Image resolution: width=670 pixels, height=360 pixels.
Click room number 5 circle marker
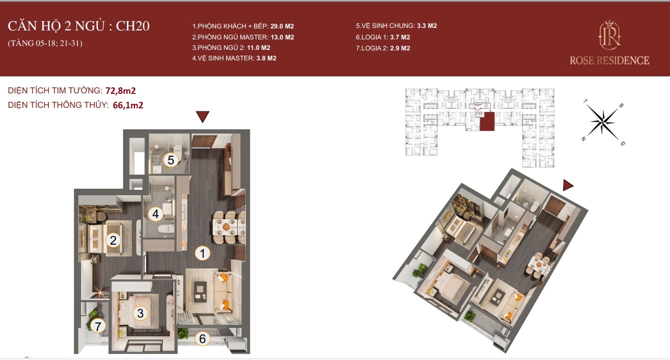pos(171,160)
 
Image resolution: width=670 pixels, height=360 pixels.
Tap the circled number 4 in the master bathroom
pos(155,214)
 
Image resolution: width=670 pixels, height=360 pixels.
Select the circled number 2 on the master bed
pos(113,240)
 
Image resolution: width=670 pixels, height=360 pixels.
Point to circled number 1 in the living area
pos(202,253)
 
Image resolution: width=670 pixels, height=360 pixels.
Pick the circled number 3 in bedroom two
pos(140,313)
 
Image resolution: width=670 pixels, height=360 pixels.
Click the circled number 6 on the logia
pos(202,339)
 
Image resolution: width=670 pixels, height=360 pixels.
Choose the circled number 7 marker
pos(98,326)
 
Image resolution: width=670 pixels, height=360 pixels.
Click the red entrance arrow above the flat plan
pos(202,116)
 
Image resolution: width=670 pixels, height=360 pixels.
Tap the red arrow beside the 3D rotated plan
pos(568,185)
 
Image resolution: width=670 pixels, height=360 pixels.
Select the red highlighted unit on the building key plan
pos(487,121)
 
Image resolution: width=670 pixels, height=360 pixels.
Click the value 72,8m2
pos(120,90)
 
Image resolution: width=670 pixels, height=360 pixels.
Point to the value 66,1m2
pos(128,105)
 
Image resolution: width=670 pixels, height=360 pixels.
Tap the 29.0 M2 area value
pos(282,26)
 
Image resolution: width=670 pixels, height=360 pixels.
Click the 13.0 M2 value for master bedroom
pos(282,37)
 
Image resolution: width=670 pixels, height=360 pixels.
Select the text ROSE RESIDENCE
pos(610,61)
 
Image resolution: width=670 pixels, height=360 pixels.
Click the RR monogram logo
pos(610,35)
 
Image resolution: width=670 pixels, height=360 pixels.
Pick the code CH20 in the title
pos(133,26)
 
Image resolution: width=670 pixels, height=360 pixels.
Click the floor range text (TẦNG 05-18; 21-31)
pos(45,43)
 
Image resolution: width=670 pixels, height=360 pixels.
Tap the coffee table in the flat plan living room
pos(200,291)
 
